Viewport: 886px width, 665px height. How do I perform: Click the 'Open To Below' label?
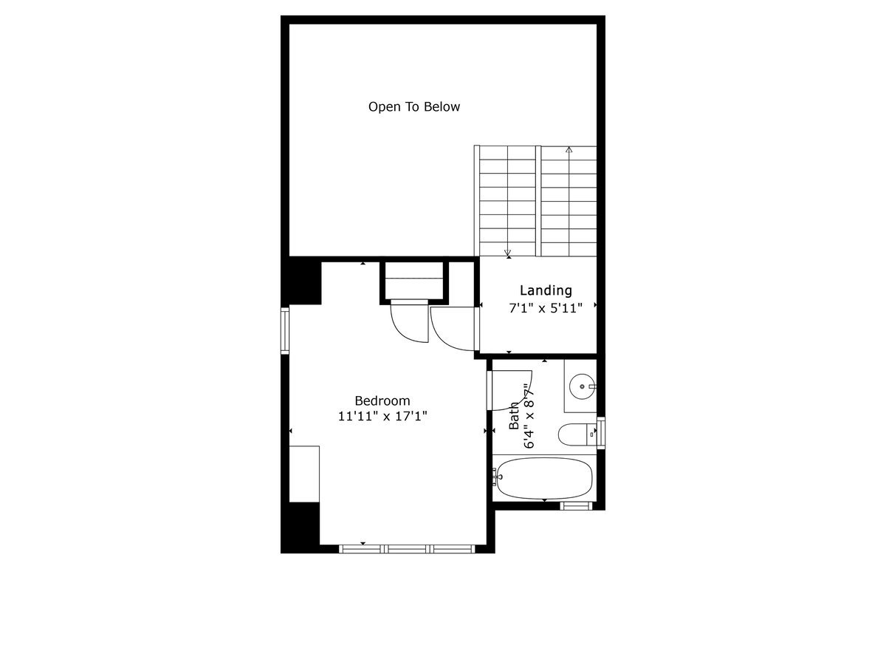(414, 106)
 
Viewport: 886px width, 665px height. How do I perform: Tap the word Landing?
(546, 290)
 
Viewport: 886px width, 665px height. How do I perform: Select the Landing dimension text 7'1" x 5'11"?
(546, 308)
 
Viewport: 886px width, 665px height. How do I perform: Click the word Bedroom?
(382, 400)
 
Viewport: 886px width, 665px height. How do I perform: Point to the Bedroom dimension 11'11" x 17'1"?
(382, 416)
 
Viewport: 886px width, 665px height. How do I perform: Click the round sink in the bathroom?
(582, 386)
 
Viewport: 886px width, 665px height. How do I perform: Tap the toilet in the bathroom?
(577, 434)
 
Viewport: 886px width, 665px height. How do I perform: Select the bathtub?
(544, 480)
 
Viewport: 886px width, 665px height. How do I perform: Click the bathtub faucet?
(496, 477)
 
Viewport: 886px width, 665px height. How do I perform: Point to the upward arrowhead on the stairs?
(569, 150)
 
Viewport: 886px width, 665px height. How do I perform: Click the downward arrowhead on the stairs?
(508, 253)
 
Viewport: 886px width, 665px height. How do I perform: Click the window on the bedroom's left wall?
(285, 331)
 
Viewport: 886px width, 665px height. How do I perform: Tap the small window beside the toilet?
(601, 433)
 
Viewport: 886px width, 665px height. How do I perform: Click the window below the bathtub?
(576, 506)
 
